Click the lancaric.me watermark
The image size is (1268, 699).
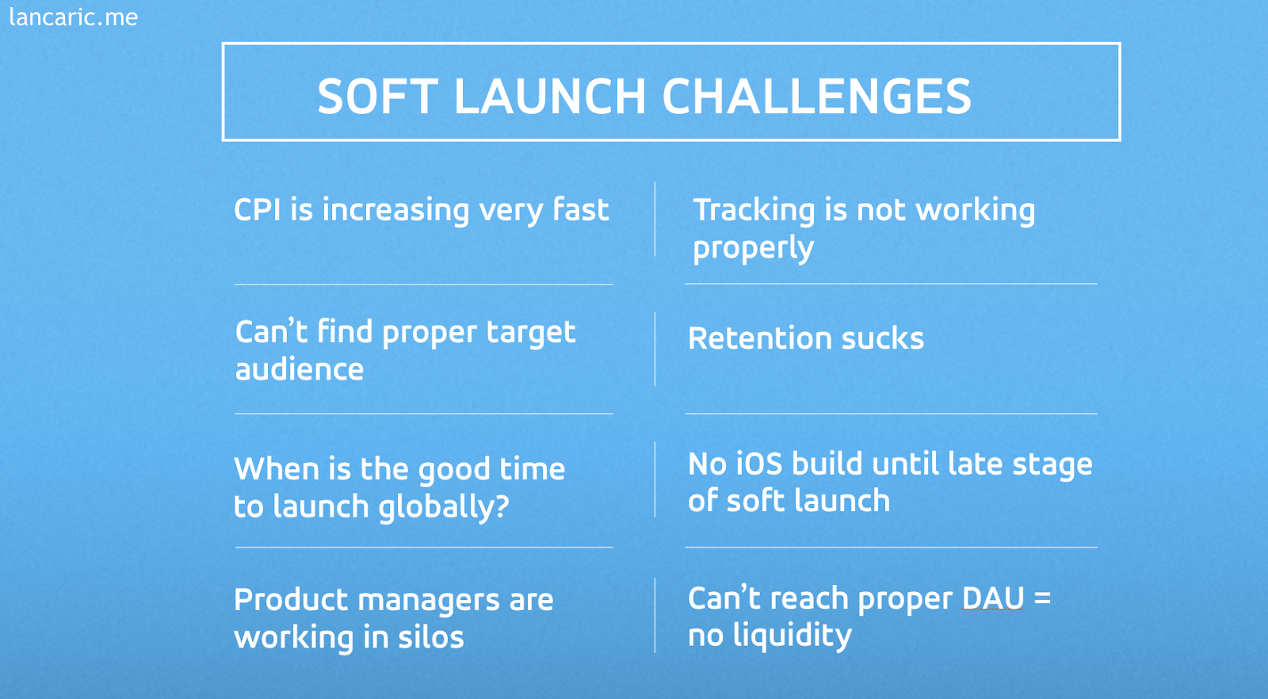pyautogui.click(x=74, y=17)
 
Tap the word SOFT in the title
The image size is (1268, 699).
pyautogui.click(x=377, y=96)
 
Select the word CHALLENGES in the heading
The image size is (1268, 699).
pyautogui.click(x=816, y=96)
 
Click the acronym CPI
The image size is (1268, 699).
pyautogui.click(x=258, y=209)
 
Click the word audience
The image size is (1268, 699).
pyautogui.click(x=300, y=369)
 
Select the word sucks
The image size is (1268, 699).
pyautogui.click(x=883, y=338)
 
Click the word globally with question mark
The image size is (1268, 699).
pyautogui.click(x=444, y=506)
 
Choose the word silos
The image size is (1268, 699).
pyautogui.click(x=431, y=636)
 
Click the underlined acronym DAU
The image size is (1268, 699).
pyautogui.click(x=993, y=598)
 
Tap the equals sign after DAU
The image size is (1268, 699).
pyautogui.click(x=1042, y=598)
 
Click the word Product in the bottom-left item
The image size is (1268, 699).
pyautogui.click(x=291, y=600)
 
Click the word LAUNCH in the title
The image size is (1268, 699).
pyautogui.click(x=550, y=96)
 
